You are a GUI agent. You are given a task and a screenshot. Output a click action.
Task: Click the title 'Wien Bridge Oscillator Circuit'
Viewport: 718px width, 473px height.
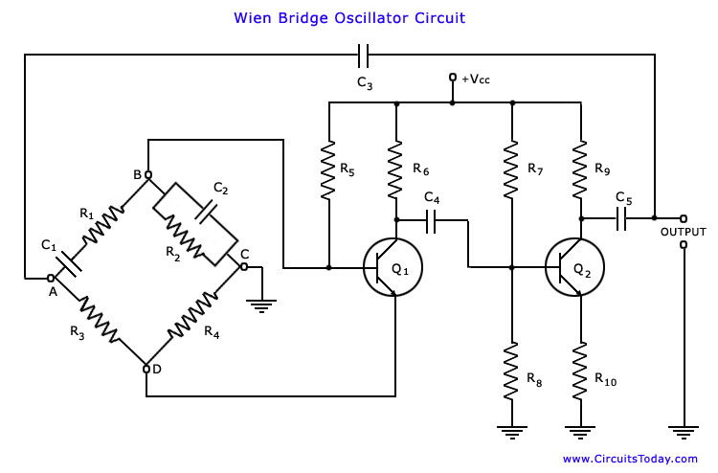tap(350, 17)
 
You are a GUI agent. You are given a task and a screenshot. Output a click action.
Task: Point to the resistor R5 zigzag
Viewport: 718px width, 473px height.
tap(328, 171)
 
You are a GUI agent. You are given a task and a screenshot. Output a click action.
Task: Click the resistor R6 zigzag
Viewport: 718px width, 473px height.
tap(393, 169)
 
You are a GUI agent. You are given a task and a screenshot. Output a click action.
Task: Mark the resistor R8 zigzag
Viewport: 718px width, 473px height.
tap(512, 372)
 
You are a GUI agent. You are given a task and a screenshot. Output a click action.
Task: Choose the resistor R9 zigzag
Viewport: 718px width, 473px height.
tap(578, 169)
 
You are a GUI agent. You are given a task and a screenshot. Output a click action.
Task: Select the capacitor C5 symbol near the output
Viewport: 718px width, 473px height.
tap(623, 219)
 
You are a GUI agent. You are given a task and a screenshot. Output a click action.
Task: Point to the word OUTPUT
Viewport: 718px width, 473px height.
tap(684, 232)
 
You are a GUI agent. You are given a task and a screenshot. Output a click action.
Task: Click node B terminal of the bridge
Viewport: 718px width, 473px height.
tap(147, 174)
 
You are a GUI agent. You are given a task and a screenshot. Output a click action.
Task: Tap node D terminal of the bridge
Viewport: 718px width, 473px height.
tap(146, 368)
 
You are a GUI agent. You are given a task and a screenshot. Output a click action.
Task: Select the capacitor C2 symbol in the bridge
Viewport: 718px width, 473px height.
tap(203, 212)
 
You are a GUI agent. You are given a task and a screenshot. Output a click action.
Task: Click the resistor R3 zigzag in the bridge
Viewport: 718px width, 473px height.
tap(99, 321)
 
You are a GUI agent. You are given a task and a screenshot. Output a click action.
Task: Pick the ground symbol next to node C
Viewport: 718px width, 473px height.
tap(260, 305)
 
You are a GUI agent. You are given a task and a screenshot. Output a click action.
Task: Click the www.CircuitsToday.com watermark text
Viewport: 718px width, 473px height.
tap(630, 460)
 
